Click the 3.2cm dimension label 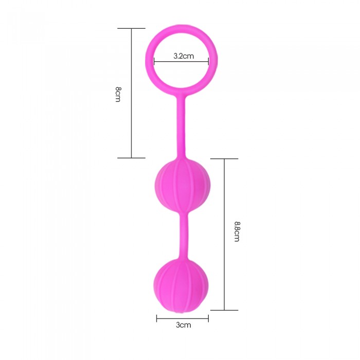(x=184, y=56)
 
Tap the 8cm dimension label (x=118, y=94)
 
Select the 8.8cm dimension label (x=237, y=231)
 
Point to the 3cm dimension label (x=184, y=325)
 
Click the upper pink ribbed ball (x=182, y=185)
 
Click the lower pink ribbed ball (x=181, y=285)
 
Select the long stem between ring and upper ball (x=181, y=128)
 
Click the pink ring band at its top (x=181, y=28)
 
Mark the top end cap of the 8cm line (x=131, y=28)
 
